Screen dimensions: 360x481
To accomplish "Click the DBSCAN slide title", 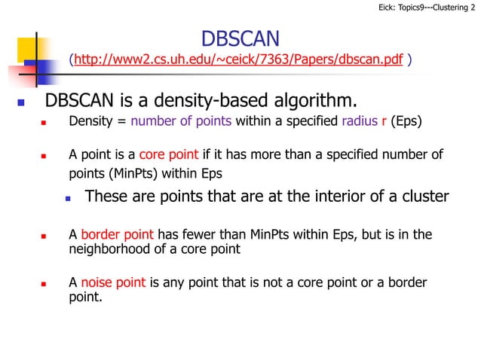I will click(x=240, y=38).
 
